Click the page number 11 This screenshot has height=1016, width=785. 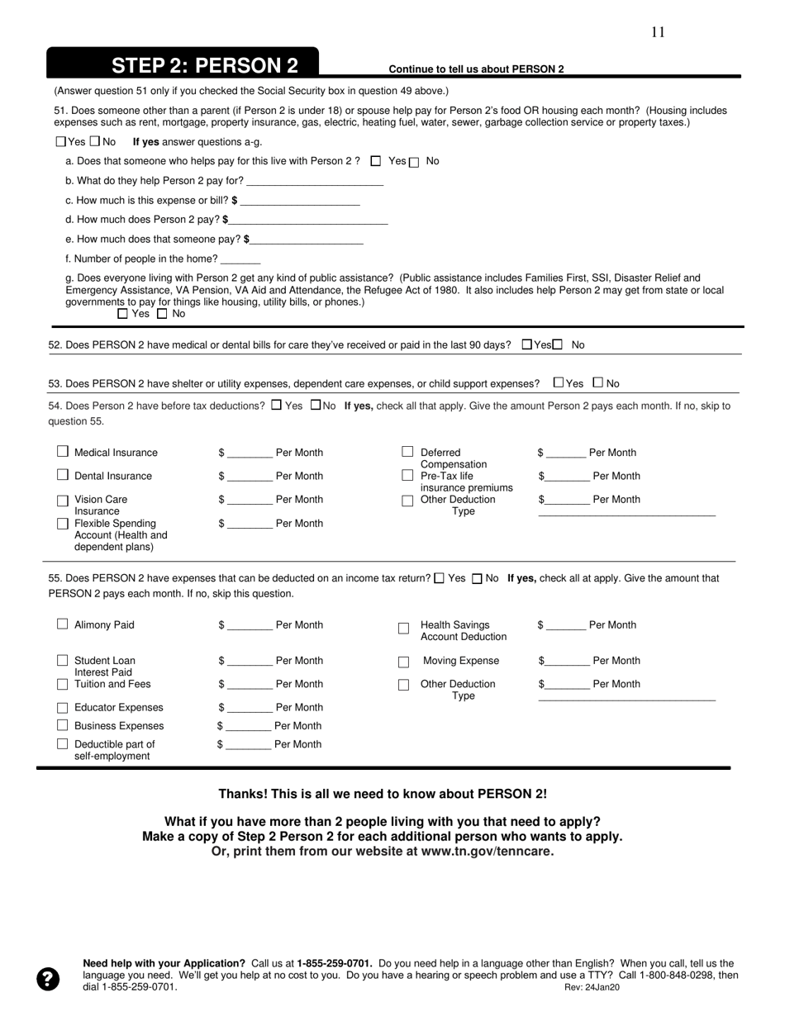[658, 32]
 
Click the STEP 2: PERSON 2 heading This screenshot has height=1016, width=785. [204, 66]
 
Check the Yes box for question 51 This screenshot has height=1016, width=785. [60, 141]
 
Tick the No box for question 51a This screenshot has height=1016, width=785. [415, 162]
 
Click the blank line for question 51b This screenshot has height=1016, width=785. [315, 182]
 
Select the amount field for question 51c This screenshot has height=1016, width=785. [299, 201]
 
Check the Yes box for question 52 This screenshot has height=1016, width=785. [527, 344]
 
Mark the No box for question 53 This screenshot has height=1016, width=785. [598, 382]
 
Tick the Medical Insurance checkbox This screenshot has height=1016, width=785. [63, 452]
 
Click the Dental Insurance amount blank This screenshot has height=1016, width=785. [250, 477]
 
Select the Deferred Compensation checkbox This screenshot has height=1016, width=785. [407, 452]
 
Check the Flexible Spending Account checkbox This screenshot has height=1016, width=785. [63, 524]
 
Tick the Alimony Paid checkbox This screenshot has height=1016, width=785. [63, 624]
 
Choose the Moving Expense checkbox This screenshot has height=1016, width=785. [404, 662]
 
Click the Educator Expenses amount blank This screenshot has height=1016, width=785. [250, 708]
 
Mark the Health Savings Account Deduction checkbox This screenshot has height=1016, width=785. [404, 629]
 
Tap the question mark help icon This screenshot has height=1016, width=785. [49, 979]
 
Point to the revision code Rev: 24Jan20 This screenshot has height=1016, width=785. [592, 987]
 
